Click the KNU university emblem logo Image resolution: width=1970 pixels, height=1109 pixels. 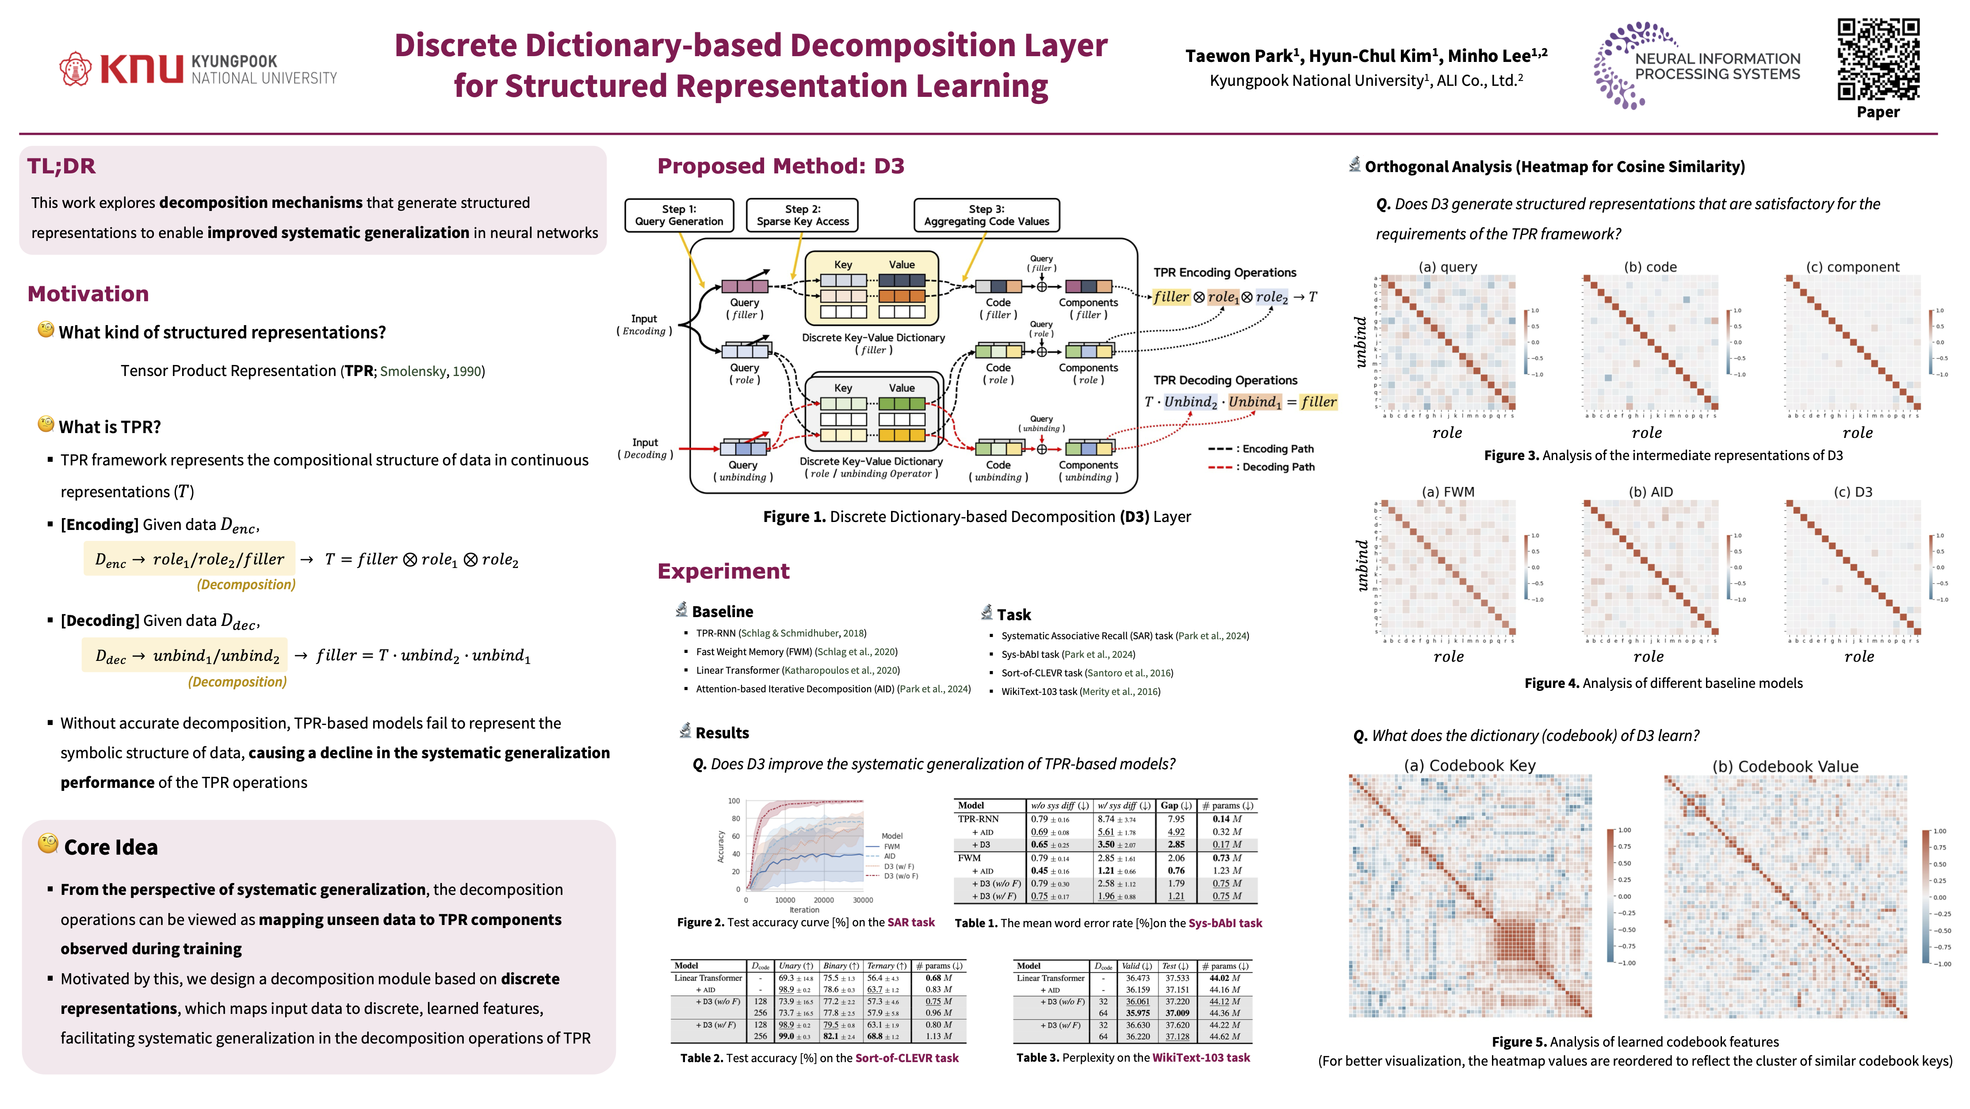[75, 69]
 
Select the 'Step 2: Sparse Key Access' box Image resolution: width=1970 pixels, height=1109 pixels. [802, 215]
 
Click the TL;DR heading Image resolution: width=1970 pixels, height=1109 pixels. [61, 166]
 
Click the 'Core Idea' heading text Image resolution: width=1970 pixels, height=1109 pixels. [111, 848]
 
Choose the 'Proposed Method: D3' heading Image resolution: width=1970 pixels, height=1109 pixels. [780, 166]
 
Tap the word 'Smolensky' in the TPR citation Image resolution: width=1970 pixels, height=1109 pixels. [413, 372]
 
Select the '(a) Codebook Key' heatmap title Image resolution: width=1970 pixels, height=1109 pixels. [1469, 766]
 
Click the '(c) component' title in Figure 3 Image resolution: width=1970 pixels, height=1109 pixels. [1852, 267]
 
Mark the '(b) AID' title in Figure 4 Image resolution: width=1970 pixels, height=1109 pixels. [1650, 492]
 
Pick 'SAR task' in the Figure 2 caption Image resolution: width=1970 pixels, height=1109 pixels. [911, 922]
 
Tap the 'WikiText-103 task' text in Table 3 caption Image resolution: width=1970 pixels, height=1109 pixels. [1201, 1058]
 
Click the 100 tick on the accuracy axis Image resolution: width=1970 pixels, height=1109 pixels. [734, 801]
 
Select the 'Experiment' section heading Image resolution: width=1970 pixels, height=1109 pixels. [723, 572]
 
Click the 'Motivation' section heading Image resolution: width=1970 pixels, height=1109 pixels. [88, 294]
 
